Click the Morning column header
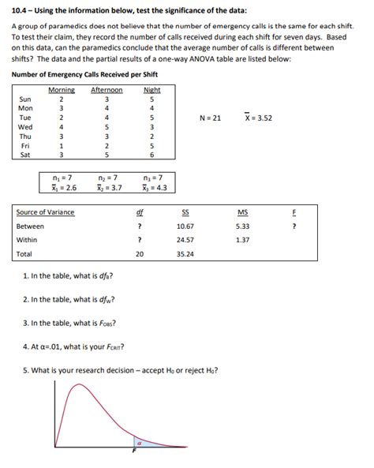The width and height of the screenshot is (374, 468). [x=62, y=90]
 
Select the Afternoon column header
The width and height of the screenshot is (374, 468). [x=107, y=90]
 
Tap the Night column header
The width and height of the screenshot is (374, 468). [x=152, y=90]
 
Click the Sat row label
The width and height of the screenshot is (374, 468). [x=24, y=155]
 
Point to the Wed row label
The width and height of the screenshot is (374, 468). [x=25, y=126]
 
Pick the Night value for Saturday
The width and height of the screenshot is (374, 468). [x=152, y=155]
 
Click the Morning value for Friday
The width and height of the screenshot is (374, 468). [x=62, y=145]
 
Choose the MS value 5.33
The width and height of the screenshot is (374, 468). [x=241, y=226]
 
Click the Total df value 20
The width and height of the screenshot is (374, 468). [x=140, y=254]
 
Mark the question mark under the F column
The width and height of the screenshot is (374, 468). [x=294, y=226]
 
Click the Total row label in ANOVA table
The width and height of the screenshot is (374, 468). [x=24, y=254]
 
